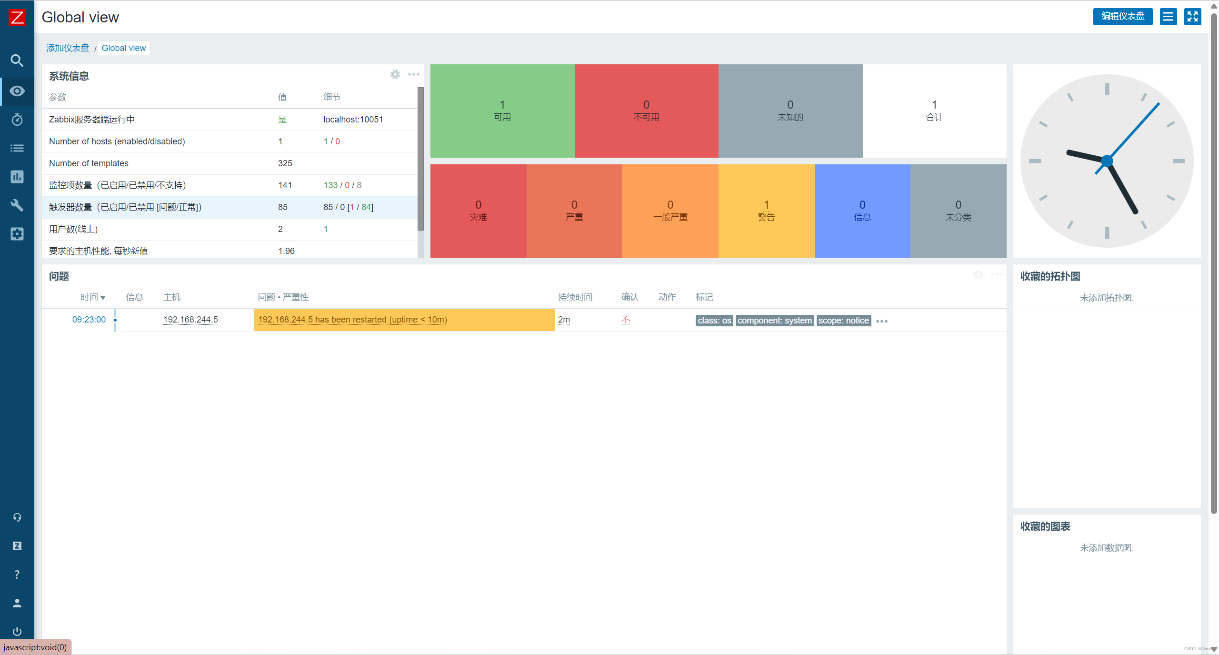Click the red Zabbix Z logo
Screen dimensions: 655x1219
17,18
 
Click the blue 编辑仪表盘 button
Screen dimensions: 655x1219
1122,17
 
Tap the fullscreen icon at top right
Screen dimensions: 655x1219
1192,17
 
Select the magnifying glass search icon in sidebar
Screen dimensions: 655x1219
17,60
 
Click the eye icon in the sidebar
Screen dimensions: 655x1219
17,91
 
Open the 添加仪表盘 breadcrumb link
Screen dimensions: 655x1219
68,48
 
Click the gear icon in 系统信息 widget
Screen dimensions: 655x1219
395,74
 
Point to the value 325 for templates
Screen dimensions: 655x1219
285,163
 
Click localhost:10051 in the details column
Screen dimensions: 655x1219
353,120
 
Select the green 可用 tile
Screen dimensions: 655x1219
502,111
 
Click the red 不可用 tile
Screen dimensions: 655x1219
646,111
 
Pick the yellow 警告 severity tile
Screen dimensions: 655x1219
766,211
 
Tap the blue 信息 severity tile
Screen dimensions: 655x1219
862,211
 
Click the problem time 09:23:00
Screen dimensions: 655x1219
89,320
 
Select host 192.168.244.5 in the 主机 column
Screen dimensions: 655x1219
190,320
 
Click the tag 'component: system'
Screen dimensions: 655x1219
774,321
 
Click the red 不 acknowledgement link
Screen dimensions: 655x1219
626,320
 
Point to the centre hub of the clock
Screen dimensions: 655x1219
1107,161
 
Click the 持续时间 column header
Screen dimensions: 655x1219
575,297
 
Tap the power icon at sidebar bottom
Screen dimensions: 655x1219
17,631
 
